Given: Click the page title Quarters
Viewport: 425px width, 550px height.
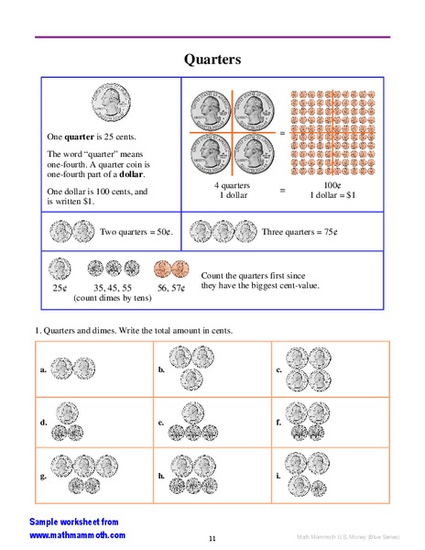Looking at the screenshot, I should pos(212,60).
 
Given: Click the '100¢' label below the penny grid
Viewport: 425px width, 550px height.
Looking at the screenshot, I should pos(332,185).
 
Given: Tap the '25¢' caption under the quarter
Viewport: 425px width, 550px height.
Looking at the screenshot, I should pos(60,288).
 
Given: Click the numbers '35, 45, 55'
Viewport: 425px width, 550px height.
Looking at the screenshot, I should pos(113,288).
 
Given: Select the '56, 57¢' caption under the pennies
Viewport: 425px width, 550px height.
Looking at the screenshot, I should pos(171,288).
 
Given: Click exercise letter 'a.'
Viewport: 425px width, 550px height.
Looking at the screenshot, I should pos(43,369).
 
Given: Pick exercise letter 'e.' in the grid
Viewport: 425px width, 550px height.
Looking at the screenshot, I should pos(161,423).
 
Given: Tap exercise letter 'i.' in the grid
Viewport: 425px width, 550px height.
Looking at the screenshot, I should pos(278,476).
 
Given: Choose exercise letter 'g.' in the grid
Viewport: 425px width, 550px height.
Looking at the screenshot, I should pos(43,476).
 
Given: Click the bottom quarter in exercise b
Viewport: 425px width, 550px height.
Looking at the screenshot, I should pos(190,379).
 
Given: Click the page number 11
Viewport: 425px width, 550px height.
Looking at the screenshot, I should pos(212,538).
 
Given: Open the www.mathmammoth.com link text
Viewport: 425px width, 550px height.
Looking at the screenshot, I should pos(78,534).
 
